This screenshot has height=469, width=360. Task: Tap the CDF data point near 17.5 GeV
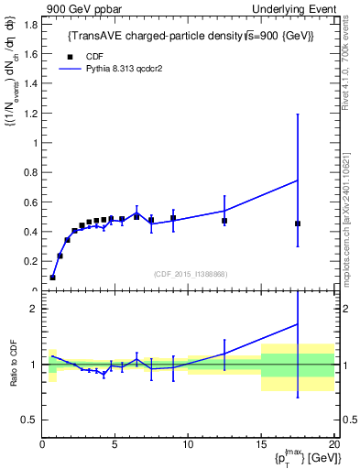click(x=298, y=224)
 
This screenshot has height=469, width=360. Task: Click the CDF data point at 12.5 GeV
click(x=224, y=221)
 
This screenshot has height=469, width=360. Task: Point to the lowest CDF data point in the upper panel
click(x=52, y=277)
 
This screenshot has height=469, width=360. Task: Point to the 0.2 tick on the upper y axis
click(x=30, y=261)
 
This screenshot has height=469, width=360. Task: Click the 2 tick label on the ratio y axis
click(x=35, y=310)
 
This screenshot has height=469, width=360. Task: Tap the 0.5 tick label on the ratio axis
click(x=30, y=420)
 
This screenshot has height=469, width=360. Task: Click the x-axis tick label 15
click(x=260, y=446)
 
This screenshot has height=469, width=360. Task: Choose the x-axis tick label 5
click(x=115, y=446)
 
